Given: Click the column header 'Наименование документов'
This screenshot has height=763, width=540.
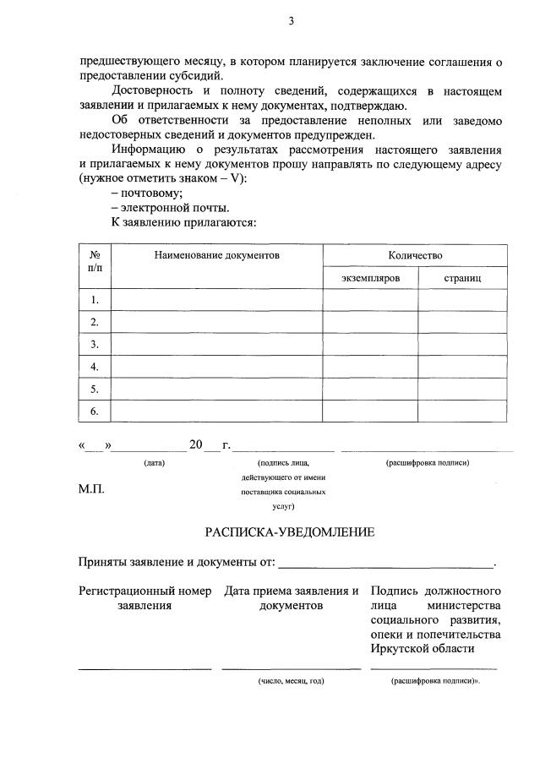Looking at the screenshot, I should (x=216, y=254).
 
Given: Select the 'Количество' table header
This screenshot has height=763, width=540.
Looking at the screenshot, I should (x=415, y=254).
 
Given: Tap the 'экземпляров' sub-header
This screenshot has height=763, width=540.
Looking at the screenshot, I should (x=370, y=277).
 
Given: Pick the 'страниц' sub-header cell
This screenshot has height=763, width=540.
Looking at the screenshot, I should (x=462, y=277).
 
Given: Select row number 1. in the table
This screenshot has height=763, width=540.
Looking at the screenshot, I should (x=95, y=299).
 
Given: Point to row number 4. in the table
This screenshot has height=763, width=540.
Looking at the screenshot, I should (x=95, y=367).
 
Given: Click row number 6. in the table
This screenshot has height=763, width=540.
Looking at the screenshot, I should (x=95, y=411).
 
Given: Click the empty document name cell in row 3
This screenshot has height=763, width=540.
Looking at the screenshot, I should (x=216, y=344).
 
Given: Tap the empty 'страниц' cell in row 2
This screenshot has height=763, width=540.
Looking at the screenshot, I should (x=462, y=322).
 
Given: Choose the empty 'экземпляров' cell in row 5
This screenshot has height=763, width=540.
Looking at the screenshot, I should (x=370, y=390).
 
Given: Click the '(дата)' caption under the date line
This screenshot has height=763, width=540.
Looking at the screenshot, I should (x=154, y=462).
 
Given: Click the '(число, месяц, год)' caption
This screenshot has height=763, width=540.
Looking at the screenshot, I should (x=291, y=680).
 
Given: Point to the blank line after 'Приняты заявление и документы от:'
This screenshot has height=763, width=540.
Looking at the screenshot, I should (x=386, y=564).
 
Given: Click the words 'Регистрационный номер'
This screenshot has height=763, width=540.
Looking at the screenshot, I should (x=145, y=591).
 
